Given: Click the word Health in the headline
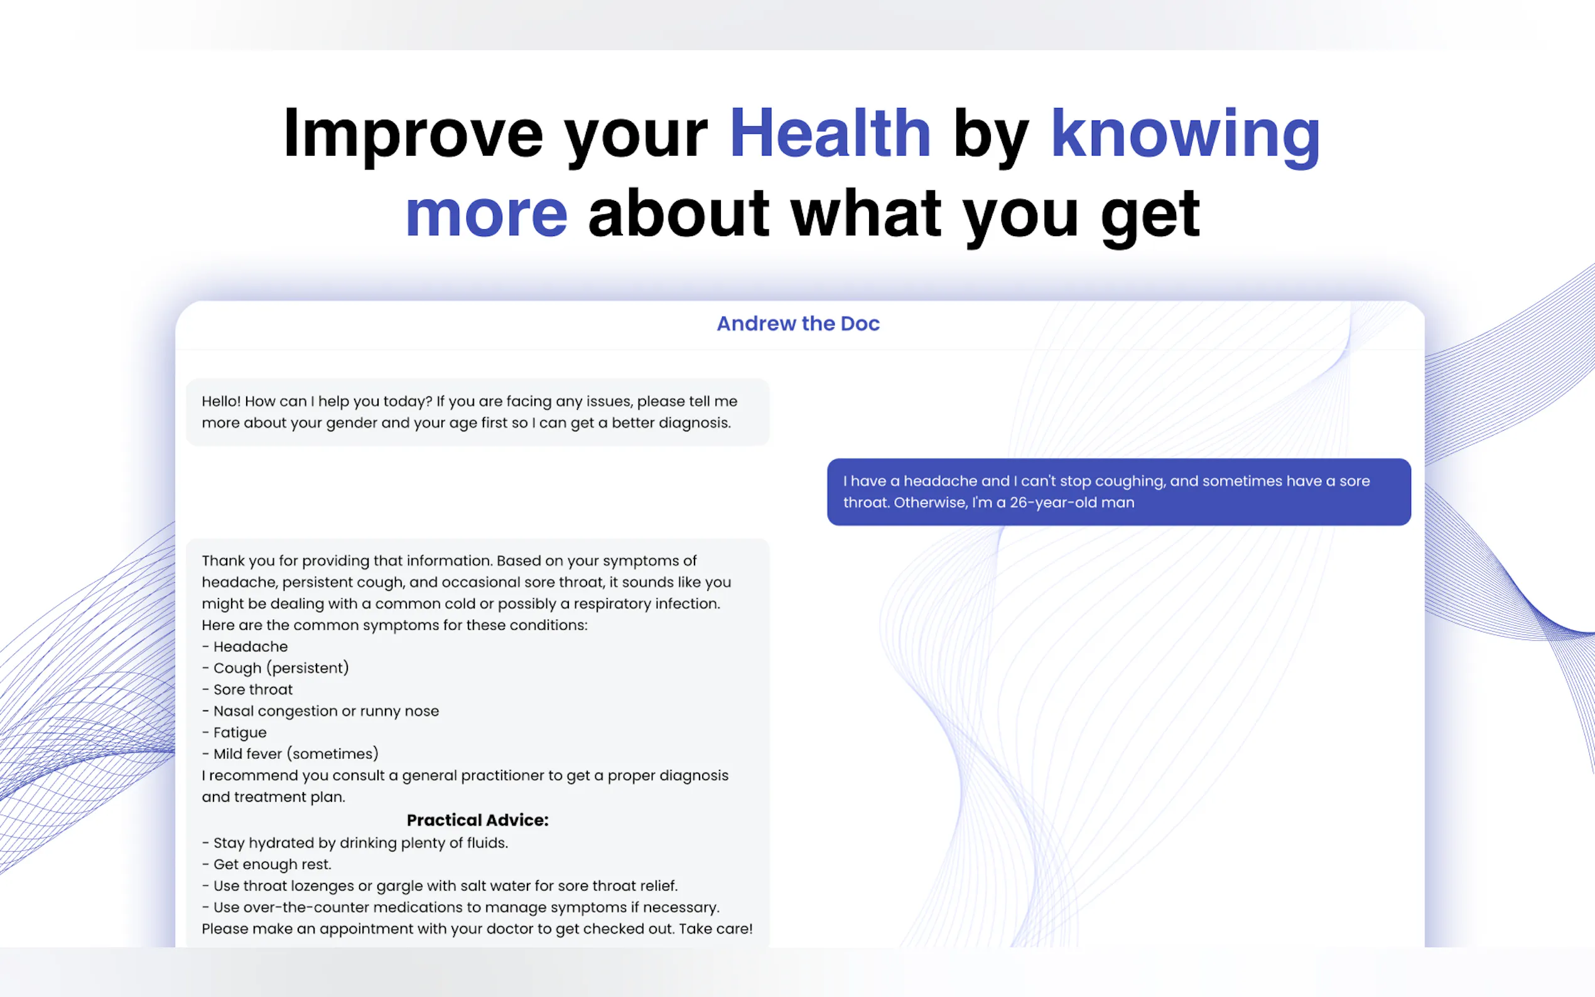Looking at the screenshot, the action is (830, 134).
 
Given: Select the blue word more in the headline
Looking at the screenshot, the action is (487, 215).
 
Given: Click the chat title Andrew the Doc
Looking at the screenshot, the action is (798, 324).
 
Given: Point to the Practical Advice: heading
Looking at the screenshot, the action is (477, 819).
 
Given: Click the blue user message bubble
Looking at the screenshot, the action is (1119, 492).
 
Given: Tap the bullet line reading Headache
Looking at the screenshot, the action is (245, 646).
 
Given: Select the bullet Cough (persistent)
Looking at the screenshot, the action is (275, 668).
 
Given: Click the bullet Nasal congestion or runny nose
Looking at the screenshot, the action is (320, 711).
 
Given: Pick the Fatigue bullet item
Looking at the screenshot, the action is (234, 733).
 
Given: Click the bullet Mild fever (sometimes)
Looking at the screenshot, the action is (290, 753).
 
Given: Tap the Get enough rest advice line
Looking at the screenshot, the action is (266, 865).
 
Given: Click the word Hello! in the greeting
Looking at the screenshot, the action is (222, 401).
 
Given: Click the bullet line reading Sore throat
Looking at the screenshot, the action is (247, 690).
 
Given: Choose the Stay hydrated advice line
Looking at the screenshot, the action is (355, 843).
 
